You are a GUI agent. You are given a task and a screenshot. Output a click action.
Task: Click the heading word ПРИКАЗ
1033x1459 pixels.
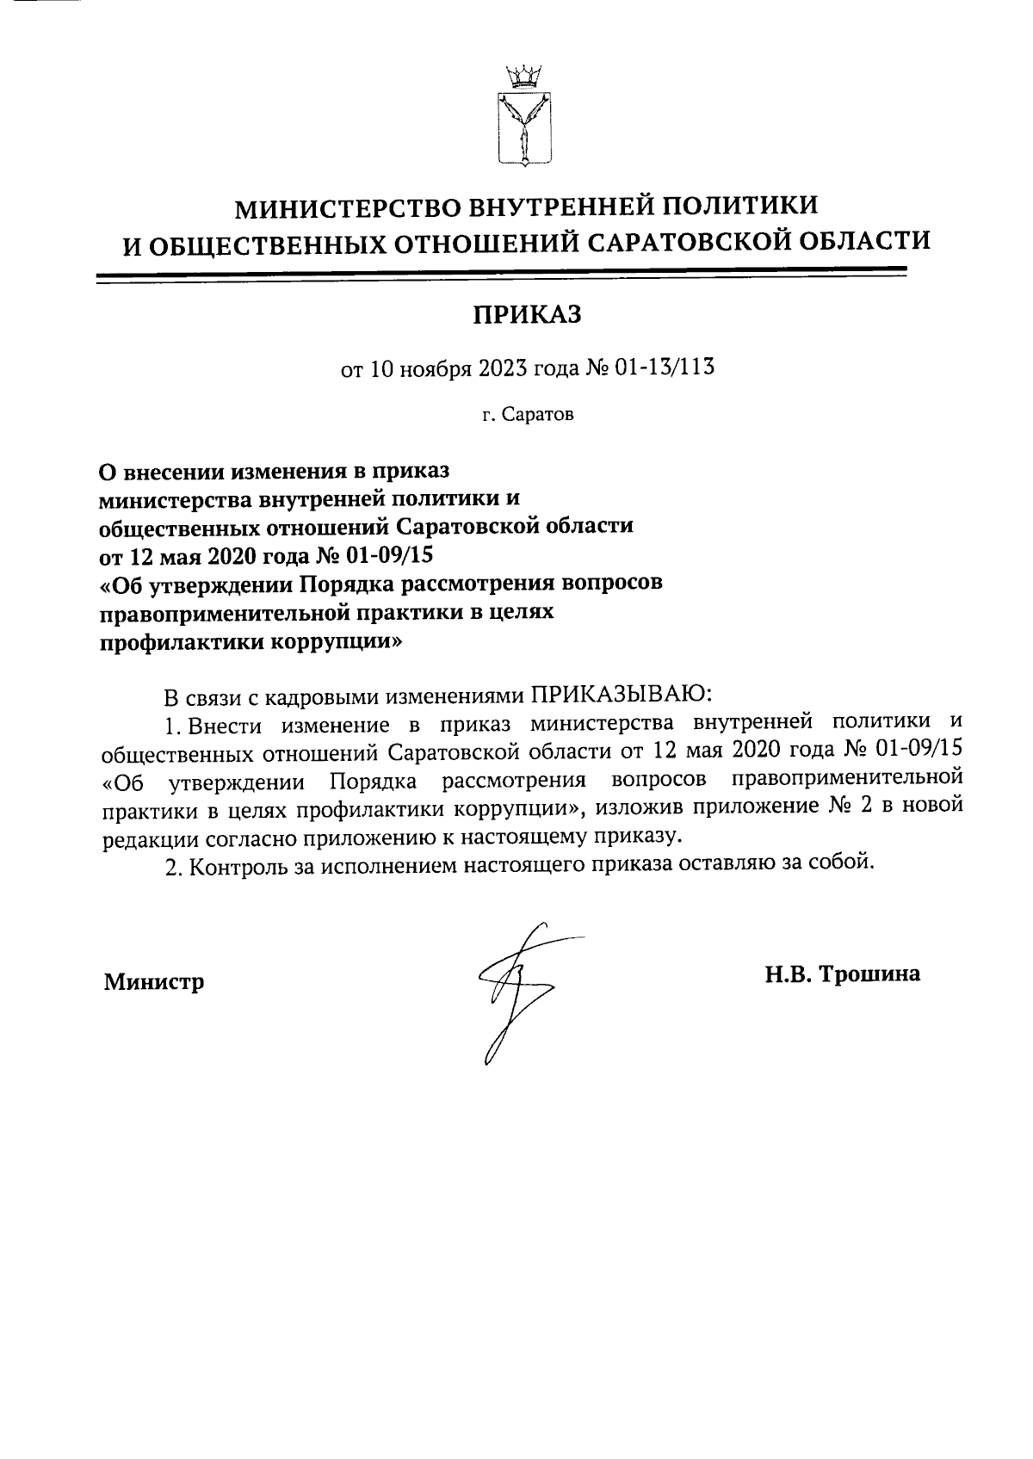tap(525, 315)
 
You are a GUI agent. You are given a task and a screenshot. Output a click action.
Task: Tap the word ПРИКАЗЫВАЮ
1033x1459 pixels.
tap(617, 694)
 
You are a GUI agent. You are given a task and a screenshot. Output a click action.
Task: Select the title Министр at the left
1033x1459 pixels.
tap(154, 981)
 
